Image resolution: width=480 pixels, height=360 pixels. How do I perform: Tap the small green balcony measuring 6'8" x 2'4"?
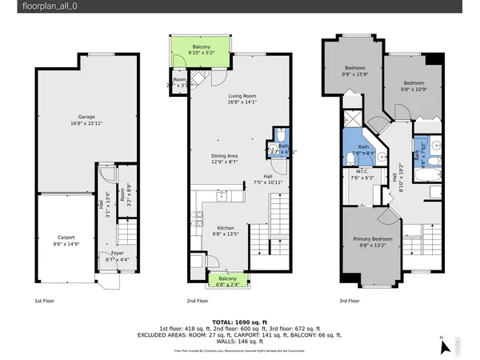coord(228,281)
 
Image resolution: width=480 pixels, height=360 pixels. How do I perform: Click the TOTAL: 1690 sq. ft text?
coord(239,320)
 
